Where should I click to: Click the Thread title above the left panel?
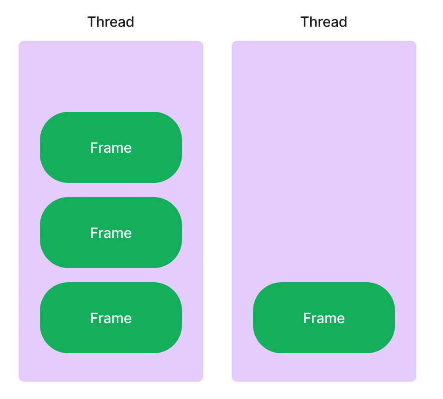click(111, 22)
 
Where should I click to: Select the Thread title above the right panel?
click(324, 22)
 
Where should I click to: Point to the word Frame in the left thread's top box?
click(111, 148)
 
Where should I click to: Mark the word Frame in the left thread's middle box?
click(111, 233)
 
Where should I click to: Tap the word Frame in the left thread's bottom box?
click(111, 318)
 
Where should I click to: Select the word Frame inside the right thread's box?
click(324, 318)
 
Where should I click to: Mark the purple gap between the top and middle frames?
click(111, 190)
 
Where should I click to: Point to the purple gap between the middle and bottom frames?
click(111, 275)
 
